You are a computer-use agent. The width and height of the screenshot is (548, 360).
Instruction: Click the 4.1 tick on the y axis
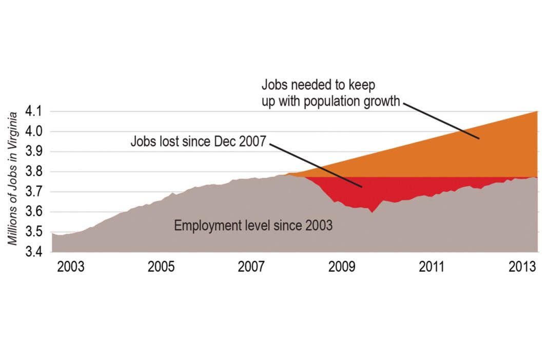pyautogui.click(x=35, y=111)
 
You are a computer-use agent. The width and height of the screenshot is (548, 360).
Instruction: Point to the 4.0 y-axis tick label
pyautogui.click(x=35, y=132)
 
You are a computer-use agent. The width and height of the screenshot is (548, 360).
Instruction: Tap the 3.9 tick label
pyautogui.click(x=35, y=152)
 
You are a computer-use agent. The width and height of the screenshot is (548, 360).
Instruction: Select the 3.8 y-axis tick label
pyautogui.click(x=35, y=172)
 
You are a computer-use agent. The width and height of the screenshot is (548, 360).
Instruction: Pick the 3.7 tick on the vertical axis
pyautogui.click(x=35, y=192)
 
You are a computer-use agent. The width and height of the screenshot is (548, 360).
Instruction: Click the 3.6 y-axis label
pyautogui.click(x=35, y=212)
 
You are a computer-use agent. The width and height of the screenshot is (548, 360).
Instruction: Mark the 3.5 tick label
pyautogui.click(x=35, y=232)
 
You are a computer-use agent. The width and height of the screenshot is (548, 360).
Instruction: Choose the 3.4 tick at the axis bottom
pyautogui.click(x=35, y=252)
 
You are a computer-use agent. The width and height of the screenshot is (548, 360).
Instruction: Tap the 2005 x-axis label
pyautogui.click(x=161, y=267)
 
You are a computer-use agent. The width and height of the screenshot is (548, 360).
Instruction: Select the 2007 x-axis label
pyautogui.click(x=251, y=267)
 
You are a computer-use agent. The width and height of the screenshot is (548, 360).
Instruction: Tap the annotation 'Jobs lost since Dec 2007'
pyautogui.click(x=199, y=142)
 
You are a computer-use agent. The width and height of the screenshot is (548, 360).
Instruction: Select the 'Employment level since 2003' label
pyautogui.click(x=253, y=225)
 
